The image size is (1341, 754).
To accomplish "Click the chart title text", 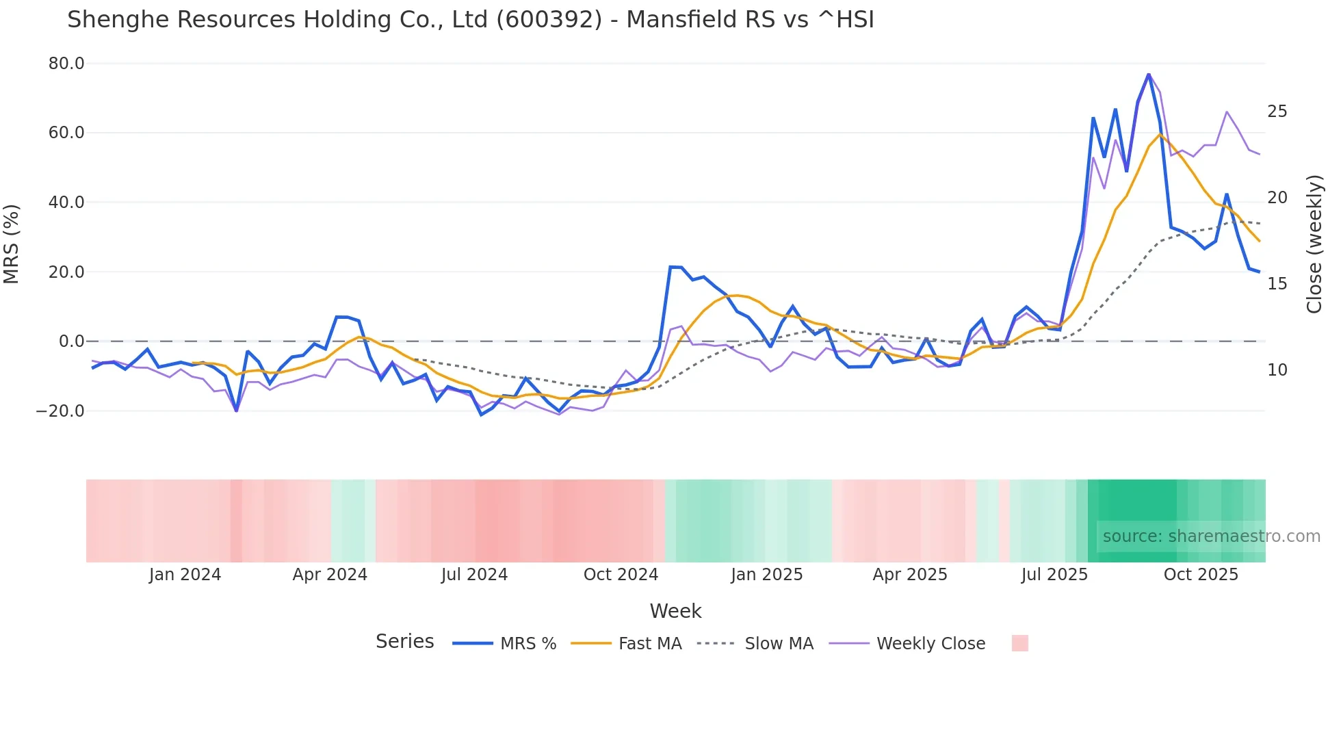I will pyautogui.click(x=471, y=20).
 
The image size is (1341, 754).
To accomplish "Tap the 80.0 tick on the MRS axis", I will pyautogui.click(x=66, y=64).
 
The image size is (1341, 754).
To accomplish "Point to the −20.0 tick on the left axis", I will pyautogui.click(x=60, y=411).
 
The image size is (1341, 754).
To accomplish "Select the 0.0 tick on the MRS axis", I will pyautogui.click(x=72, y=341).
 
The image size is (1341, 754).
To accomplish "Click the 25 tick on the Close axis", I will pyautogui.click(x=1277, y=112).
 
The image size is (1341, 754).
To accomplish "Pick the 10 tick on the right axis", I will pyautogui.click(x=1277, y=370).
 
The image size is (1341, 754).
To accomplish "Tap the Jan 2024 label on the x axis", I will pyautogui.click(x=185, y=575).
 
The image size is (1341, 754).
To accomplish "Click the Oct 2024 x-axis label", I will pyautogui.click(x=621, y=575).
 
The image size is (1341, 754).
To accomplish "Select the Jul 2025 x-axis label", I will pyautogui.click(x=1054, y=575).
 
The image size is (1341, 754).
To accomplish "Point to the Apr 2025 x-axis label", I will pyautogui.click(x=910, y=575).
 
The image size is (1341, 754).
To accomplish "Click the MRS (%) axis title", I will pyautogui.click(x=12, y=244).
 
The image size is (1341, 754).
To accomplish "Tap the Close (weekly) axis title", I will pyautogui.click(x=1314, y=244).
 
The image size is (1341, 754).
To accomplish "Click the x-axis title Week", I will pyautogui.click(x=675, y=611).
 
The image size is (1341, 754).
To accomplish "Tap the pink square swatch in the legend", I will pyautogui.click(x=1019, y=643).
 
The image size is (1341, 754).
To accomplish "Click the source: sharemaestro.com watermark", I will pyautogui.click(x=1211, y=536).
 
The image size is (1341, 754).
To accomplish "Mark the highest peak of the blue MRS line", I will pyautogui.click(x=1148, y=74).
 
